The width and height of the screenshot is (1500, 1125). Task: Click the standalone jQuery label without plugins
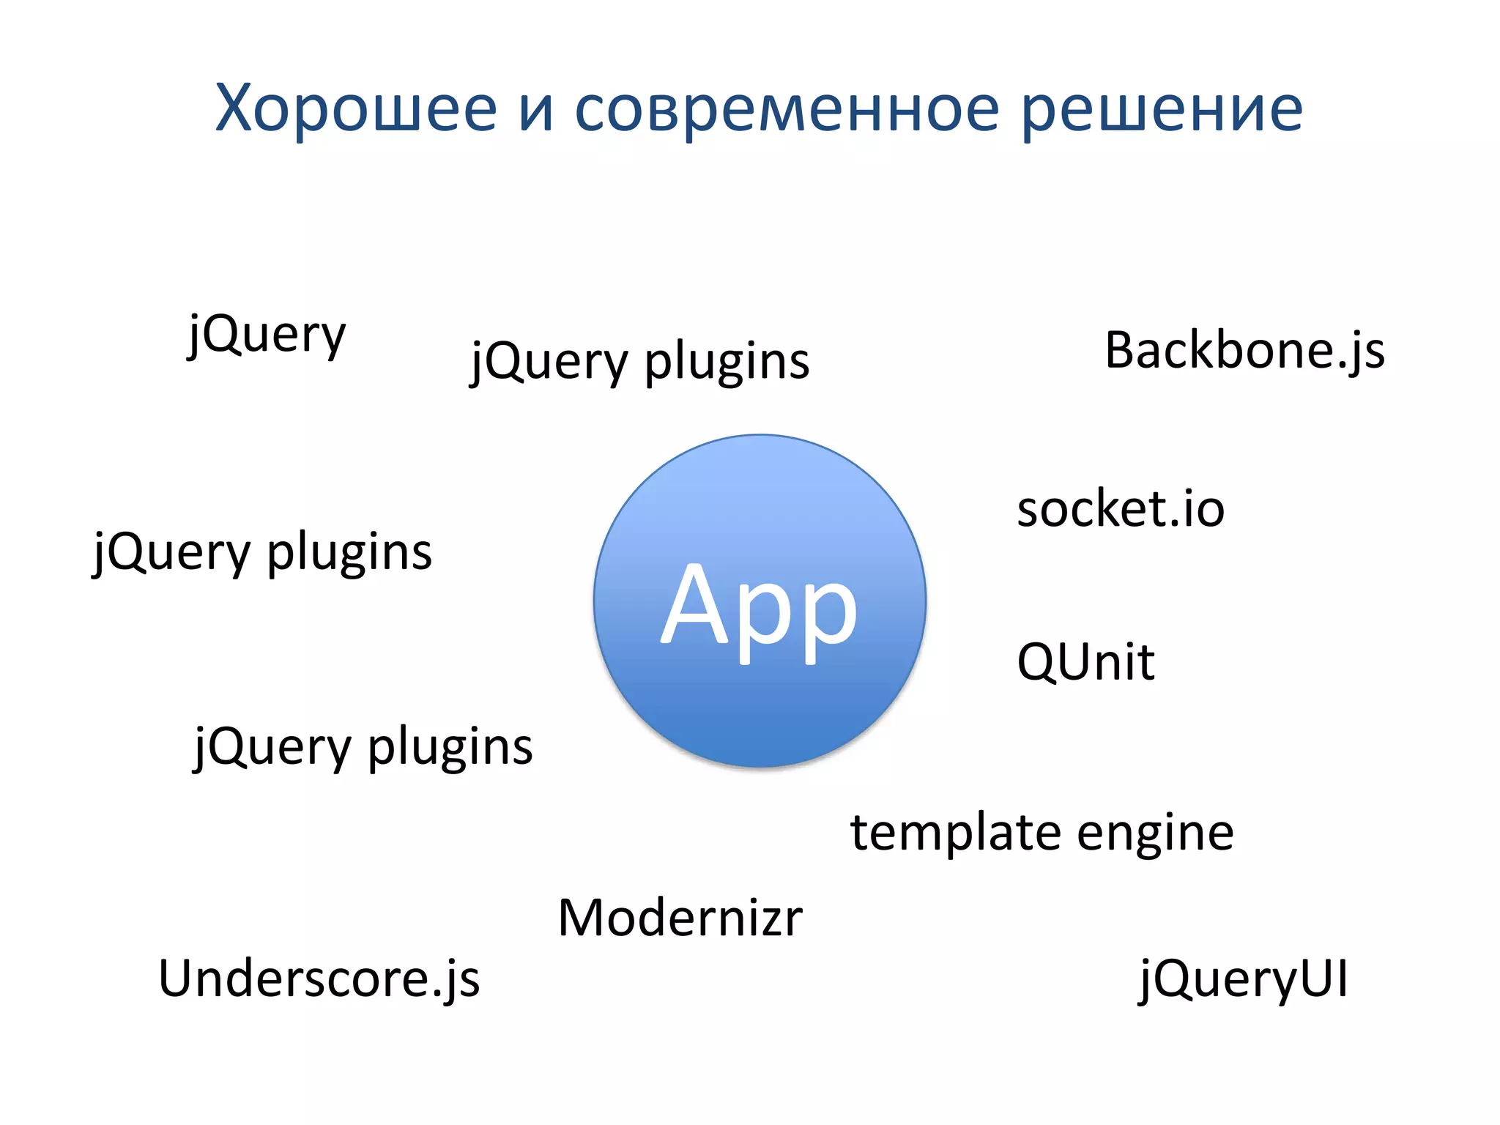tap(267, 335)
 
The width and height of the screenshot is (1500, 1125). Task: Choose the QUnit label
tap(1085, 661)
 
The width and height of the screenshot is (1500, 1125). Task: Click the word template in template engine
tap(955, 833)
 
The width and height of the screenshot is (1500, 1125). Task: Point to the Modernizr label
tap(680, 918)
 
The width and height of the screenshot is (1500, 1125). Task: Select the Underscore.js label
tap(319, 979)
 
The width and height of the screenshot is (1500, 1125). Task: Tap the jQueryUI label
tap(1243, 980)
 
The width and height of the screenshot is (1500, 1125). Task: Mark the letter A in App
tap(697, 604)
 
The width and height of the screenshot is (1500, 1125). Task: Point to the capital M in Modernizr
tap(584, 918)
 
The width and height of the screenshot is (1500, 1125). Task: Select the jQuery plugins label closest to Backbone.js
tap(639, 362)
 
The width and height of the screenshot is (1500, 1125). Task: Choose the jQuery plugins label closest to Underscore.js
tap(363, 747)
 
